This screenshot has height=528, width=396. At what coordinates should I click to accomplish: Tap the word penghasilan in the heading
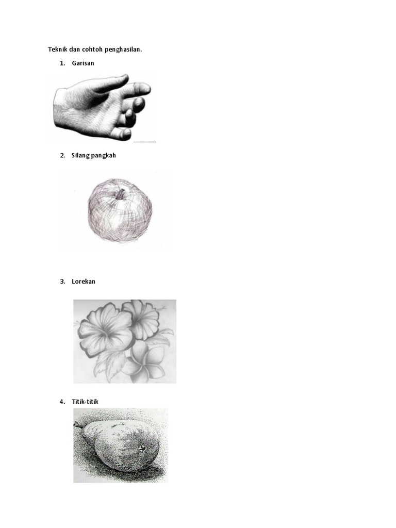pyautogui.click(x=123, y=49)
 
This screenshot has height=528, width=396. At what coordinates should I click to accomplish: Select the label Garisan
pyautogui.click(x=83, y=63)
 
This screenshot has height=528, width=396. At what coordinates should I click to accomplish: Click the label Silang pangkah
pyautogui.click(x=94, y=156)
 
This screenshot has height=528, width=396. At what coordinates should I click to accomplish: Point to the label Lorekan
pyautogui.click(x=84, y=282)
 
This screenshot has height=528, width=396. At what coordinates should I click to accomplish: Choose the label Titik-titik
pyautogui.click(x=85, y=401)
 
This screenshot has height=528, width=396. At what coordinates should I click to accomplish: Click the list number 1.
pyautogui.click(x=62, y=63)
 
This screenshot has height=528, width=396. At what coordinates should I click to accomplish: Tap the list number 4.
pyautogui.click(x=62, y=401)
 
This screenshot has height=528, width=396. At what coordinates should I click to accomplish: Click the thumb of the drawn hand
pyautogui.click(x=111, y=83)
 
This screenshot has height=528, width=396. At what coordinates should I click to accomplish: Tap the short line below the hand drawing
pyautogui.click(x=145, y=142)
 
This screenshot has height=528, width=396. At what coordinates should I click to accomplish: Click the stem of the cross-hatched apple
pyautogui.click(x=120, y=193)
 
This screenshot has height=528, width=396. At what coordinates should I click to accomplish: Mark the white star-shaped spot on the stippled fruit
pyautogui.click(x=142, y=449)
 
